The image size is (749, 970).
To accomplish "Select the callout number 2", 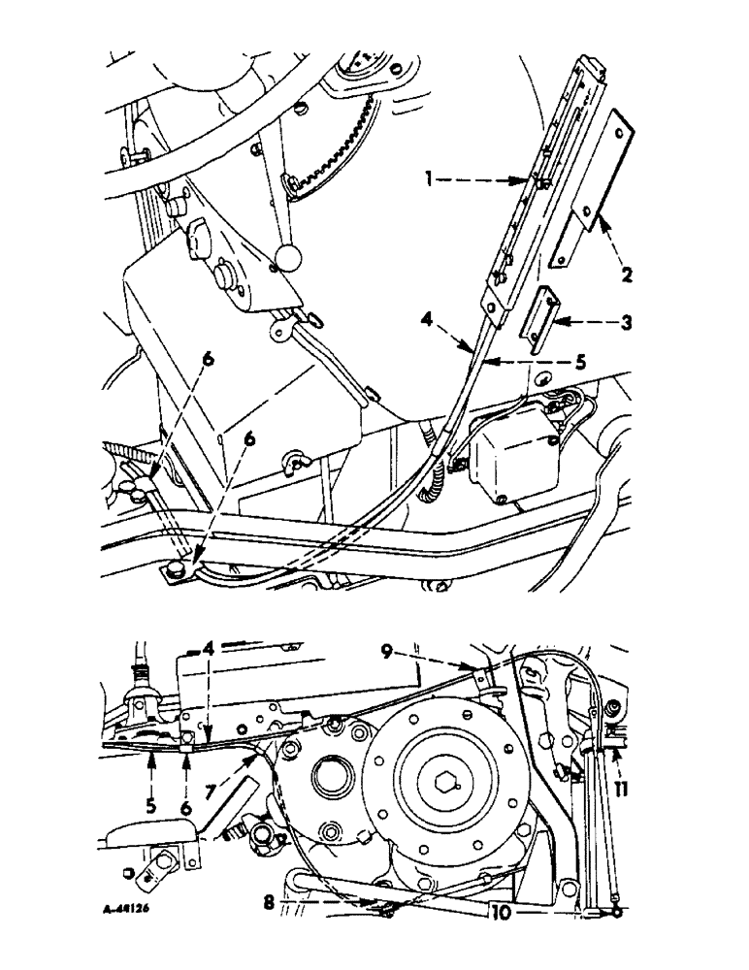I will (x=628, y=275).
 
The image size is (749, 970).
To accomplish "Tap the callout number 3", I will (x=627, y=322).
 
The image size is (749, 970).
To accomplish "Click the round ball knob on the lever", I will (x=289, y=257).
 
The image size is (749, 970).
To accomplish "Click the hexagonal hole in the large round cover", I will (x=448, y=752).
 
